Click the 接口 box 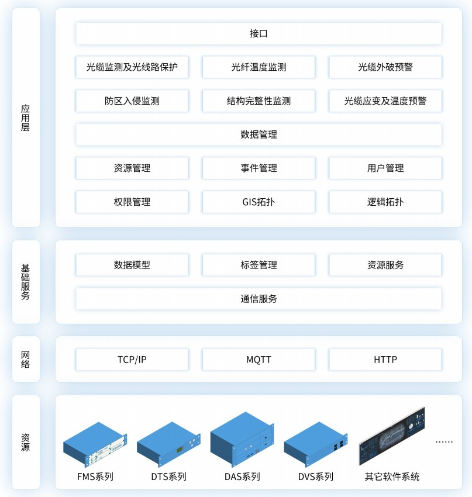[x=259, y=33]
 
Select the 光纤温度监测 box [x=259, y=67]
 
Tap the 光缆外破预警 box [x=385, y=67]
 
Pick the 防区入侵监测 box [x=132, y=101]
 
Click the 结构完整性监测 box [x=259, y=101]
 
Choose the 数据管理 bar [x=259, y=134]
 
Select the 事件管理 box [x=259, y=168]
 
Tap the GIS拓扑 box [x=259, y=202]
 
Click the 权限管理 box [x=132, y=202]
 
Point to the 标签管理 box [x=259, y=265]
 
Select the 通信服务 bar [x=259, y=299]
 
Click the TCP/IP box [x=132, y=359]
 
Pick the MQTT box [x=259, y=359]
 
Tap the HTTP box [x=385, y=359]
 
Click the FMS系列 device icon [x=95, y=444]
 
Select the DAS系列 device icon [x=242, y=439]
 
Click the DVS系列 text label [x=316, y=477]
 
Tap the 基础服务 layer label [x=26, y=281]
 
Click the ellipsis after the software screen [x=445, y=441]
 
